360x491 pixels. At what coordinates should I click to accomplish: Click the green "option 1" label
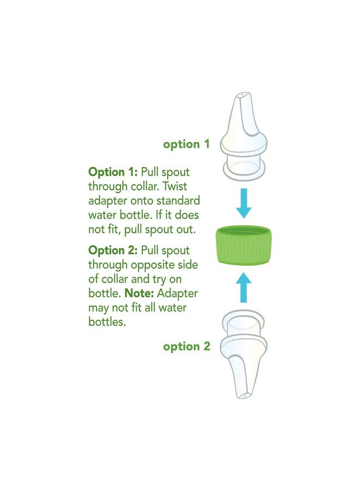click(186, 145)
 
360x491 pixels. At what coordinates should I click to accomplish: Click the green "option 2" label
click(186, 346)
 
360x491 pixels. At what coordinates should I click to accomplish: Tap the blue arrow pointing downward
click(244, 203)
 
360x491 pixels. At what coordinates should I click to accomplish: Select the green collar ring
click(244, 245)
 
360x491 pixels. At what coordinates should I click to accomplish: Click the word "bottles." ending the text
click(107, 322)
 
